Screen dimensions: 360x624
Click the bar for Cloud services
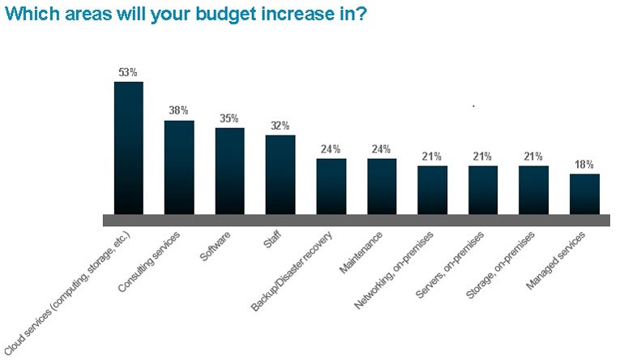(x=128, y=148)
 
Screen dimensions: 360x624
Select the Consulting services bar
(x=179, y=167)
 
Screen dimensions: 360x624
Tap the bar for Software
(x=229, y=170)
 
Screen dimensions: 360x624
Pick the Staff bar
(x=280, y=174)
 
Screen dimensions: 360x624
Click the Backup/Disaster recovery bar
(x=331, y=186)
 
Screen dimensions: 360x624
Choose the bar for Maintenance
(x=382, y=186)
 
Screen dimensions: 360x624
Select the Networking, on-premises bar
(x=432, y=190)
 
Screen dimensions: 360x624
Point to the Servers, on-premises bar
(x=483, y=190)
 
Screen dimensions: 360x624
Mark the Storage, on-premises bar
(x=533, y=190)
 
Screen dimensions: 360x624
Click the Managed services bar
(x=584, y=194)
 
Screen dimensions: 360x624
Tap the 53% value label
(x=128, y=73)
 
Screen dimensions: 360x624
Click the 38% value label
(x=179, y=111)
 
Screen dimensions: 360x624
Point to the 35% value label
(x=229, y=118)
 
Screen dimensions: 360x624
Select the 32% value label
(x=280, y=126)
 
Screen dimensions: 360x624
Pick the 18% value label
(x=584, y=164)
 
